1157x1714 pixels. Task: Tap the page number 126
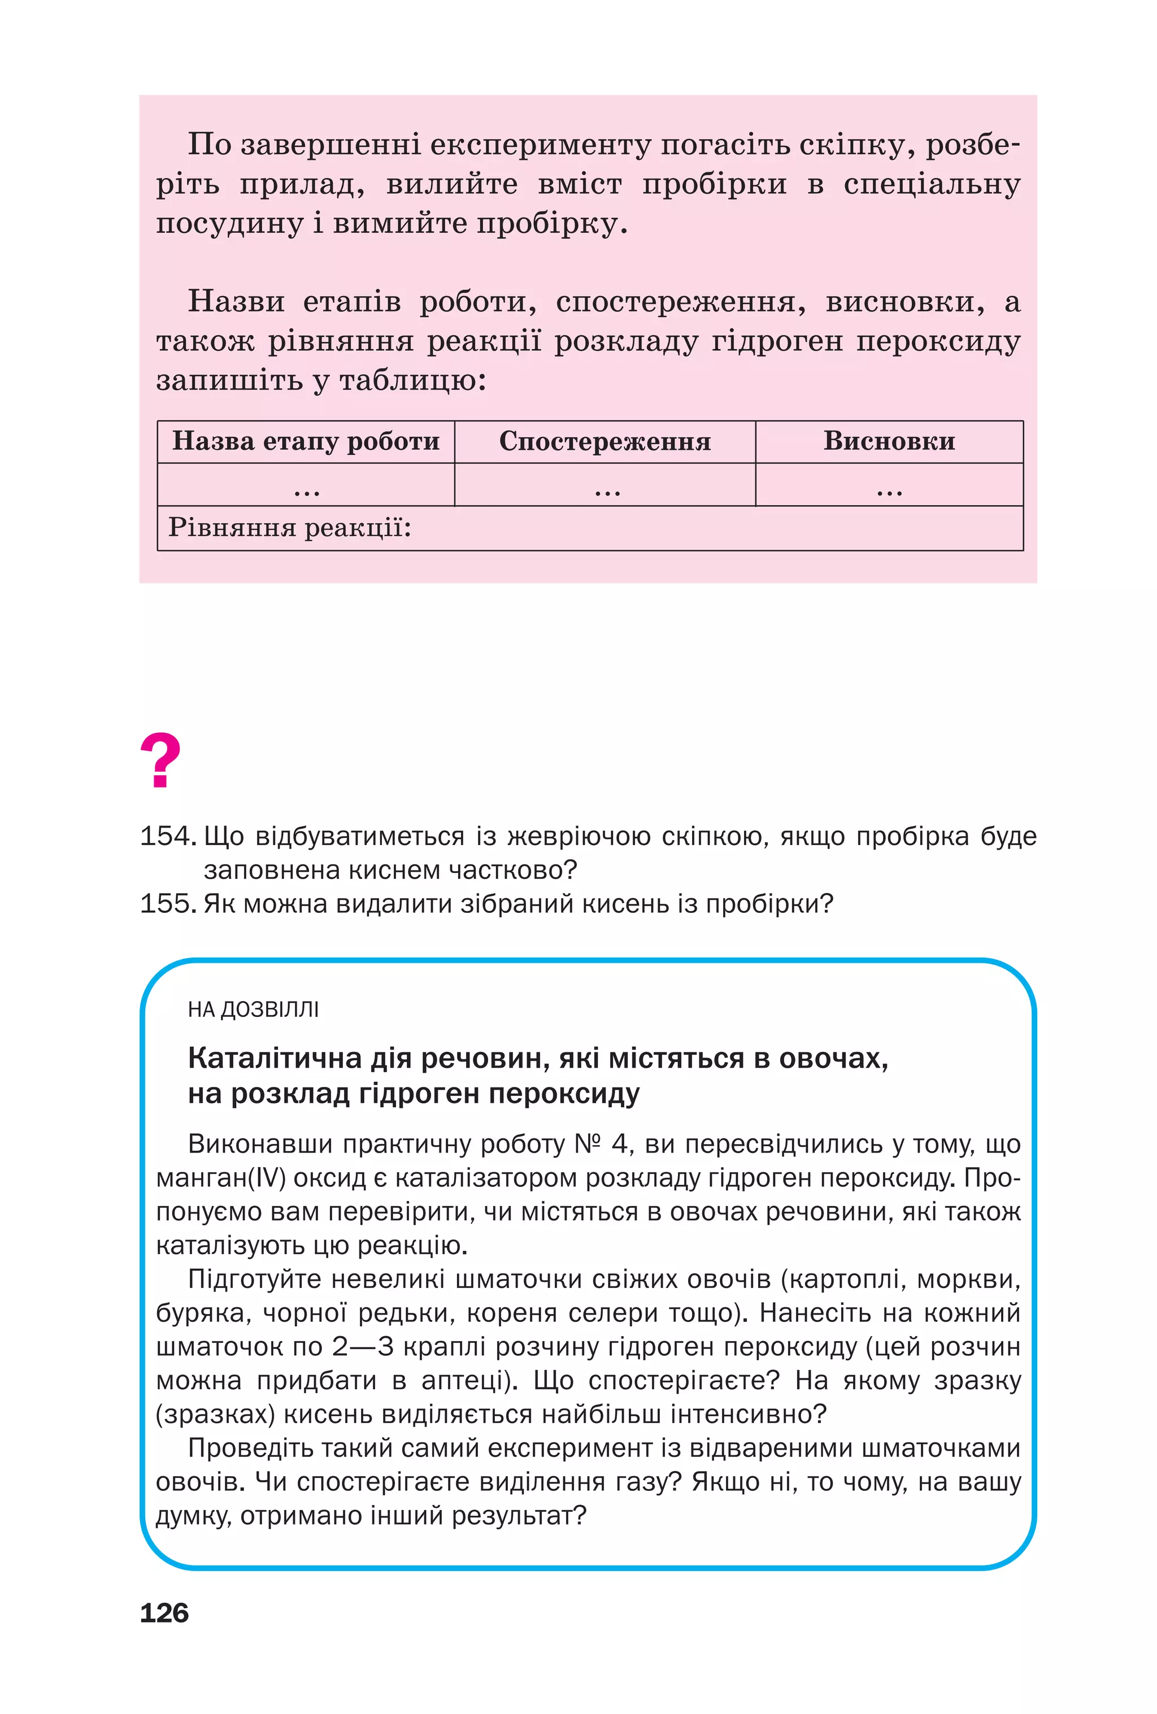tap(164, 1613)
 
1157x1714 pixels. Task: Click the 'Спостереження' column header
tap(604, 441)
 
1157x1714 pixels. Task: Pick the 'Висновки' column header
tap(889, 441)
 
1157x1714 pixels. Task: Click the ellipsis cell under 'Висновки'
tap(889, 489)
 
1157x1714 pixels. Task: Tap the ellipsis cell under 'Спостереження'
tap(607, 489)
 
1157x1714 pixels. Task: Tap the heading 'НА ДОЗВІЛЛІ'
tap(253, 1010)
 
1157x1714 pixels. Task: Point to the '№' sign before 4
tap(588, 1144)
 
